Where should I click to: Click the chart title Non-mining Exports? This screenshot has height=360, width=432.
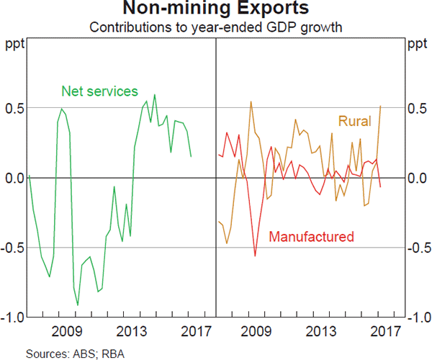coord(216,10)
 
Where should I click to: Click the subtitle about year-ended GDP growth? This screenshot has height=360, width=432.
coord(216,29)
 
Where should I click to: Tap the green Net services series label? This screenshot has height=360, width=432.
coord(99,91)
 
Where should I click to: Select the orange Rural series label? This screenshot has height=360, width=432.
coord(354,121)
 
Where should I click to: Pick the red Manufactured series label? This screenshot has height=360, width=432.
coord(311,236)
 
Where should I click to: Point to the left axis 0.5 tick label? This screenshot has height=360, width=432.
coord(14,108)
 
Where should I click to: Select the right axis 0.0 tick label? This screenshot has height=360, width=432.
coord(418,178)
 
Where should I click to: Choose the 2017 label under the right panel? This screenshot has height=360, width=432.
coord(386,331)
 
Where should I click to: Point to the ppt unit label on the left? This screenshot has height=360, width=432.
coord(15,45)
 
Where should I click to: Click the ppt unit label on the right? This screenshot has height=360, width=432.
coord(416,45)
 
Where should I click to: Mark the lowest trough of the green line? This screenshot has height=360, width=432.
coord(78,305)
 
